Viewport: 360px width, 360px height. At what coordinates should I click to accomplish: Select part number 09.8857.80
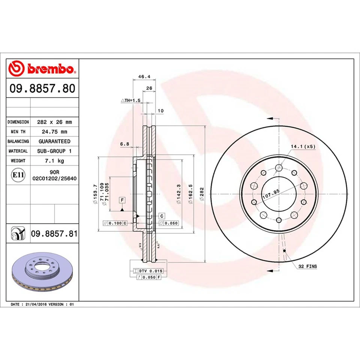point(42,89)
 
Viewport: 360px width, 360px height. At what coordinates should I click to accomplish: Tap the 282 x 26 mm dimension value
point(54,122)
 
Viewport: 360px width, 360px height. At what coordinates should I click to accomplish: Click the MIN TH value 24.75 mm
point(54,132)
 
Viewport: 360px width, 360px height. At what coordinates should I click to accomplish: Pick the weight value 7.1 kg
point(54,160)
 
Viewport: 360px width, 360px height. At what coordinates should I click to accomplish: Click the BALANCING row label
point(18,141)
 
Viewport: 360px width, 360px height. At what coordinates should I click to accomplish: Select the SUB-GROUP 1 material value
point(54,151)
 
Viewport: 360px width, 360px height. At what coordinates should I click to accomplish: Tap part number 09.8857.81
point(54,234)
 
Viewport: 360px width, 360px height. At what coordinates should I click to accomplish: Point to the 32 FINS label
point(307,266)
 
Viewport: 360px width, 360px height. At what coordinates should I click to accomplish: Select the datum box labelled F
point(123,200)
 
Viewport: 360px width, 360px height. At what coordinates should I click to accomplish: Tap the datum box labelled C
point(162,216)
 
